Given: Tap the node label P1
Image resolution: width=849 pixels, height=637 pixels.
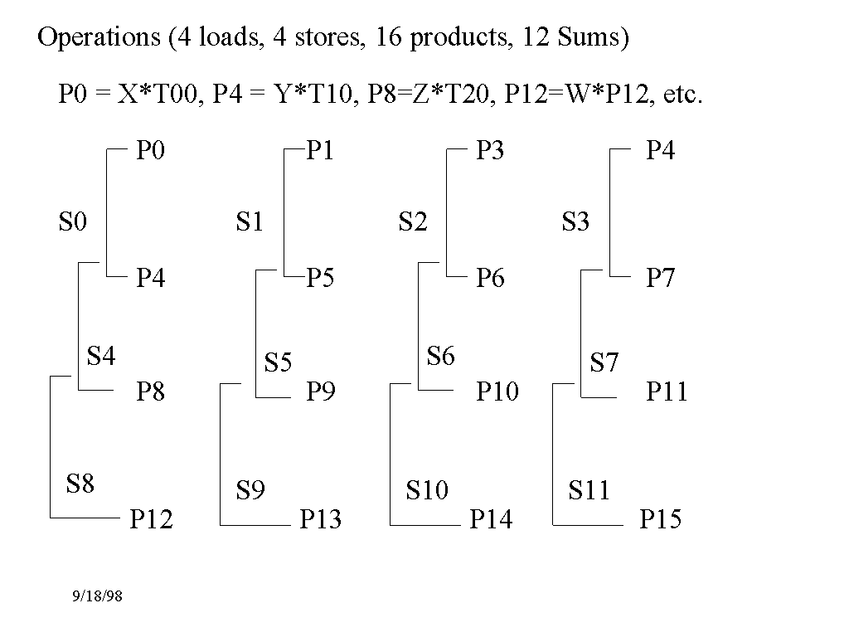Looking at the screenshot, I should [320, 151].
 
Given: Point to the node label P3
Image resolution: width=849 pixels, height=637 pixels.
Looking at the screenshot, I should [490, 151].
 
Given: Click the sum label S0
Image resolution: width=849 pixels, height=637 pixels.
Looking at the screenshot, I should [72, 221].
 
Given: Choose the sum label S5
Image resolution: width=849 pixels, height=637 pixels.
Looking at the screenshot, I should [278, 362].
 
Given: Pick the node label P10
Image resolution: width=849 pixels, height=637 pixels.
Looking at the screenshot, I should [497, 391].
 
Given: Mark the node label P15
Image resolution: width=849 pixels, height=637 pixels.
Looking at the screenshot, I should [660, 519].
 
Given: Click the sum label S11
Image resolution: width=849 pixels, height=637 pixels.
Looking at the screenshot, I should [589, 490].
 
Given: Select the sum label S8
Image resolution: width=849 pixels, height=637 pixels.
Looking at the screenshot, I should [80, 484].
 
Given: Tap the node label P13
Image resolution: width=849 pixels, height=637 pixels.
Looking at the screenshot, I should [320, 519].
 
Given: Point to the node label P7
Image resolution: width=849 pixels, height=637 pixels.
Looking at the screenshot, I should [660, 278].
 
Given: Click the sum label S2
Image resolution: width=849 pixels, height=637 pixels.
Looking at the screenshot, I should [412, 221].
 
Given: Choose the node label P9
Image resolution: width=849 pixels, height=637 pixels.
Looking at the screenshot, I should [320, 391].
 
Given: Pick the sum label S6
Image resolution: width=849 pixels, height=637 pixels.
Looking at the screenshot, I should [440, 357].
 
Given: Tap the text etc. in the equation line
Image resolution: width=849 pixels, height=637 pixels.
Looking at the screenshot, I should [683, 95].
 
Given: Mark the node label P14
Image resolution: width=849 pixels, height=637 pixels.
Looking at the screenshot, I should [491, 519].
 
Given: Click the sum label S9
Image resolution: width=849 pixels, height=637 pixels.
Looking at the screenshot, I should [250, 490].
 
